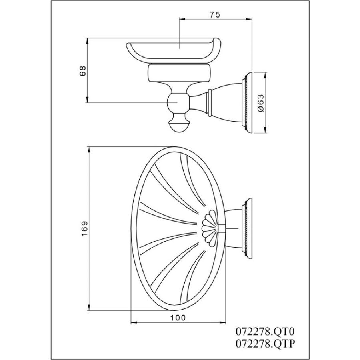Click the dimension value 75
point(215,14)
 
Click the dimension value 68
point(83,70)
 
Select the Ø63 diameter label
point(261,103)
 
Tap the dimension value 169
point(84,228)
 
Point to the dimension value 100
point(178,318)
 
